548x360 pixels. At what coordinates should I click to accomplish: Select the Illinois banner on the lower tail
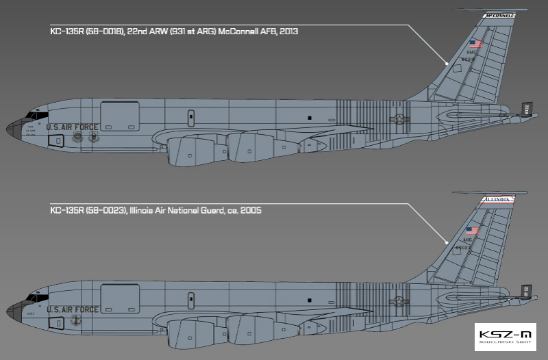click(x=500, y=199)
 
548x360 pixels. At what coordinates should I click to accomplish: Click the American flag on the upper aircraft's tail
click(x=475, y=44)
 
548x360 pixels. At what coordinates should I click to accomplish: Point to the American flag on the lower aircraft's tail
click(x=473, y=231)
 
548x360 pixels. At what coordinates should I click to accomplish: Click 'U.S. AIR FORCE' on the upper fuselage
click(x=72, y=127)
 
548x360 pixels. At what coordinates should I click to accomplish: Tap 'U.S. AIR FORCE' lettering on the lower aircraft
click(x=72, y=310)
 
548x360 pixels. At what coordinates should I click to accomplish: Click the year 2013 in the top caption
click(x=288, y=31)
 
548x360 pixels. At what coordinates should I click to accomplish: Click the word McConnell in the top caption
click(x=239, y=31)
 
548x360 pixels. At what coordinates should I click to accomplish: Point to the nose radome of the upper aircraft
click(x=15, y=127)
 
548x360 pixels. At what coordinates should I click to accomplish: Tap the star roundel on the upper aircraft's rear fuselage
click(x=397, y=119)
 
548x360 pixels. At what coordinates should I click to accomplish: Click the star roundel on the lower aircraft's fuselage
click(x=397, y=302)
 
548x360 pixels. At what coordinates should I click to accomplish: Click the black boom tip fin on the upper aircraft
click(x=527, y=109)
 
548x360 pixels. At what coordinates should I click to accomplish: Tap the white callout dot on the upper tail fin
click(x=447, y=63)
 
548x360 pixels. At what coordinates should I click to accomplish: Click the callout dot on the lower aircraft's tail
click(x=447, y=242)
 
